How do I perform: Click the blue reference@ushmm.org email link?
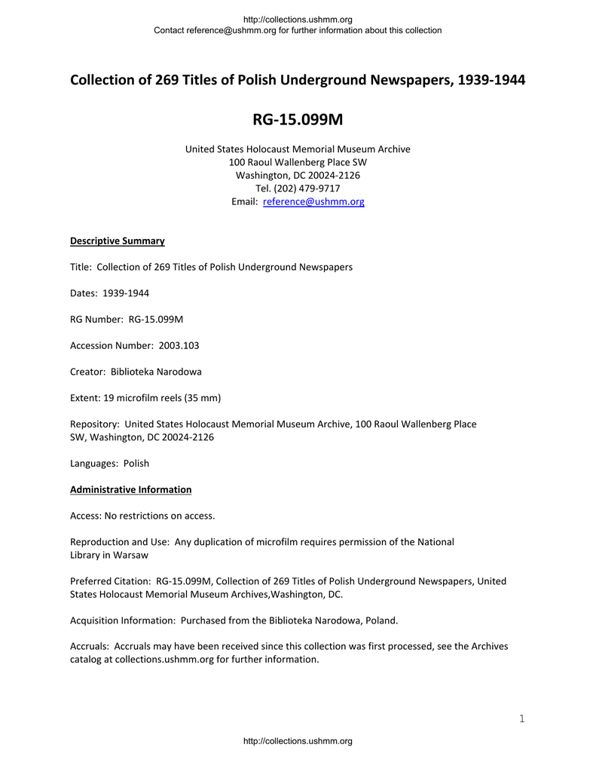tap(313, 202)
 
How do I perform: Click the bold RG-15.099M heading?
tap(298, 121)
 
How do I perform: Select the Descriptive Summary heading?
tap(117, 241)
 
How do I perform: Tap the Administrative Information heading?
tap(130, 490)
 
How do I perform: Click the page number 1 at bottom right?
tap(521, 718)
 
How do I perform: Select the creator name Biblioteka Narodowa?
tap(156, 372)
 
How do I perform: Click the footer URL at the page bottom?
tap(298, 742)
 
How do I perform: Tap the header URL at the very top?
tap(298, 20)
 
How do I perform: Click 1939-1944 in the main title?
tap(491, 80)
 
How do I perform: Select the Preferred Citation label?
tap(110, 581)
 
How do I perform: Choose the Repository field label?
tap(94, 424)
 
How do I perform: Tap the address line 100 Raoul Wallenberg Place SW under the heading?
tap(298, 162)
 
